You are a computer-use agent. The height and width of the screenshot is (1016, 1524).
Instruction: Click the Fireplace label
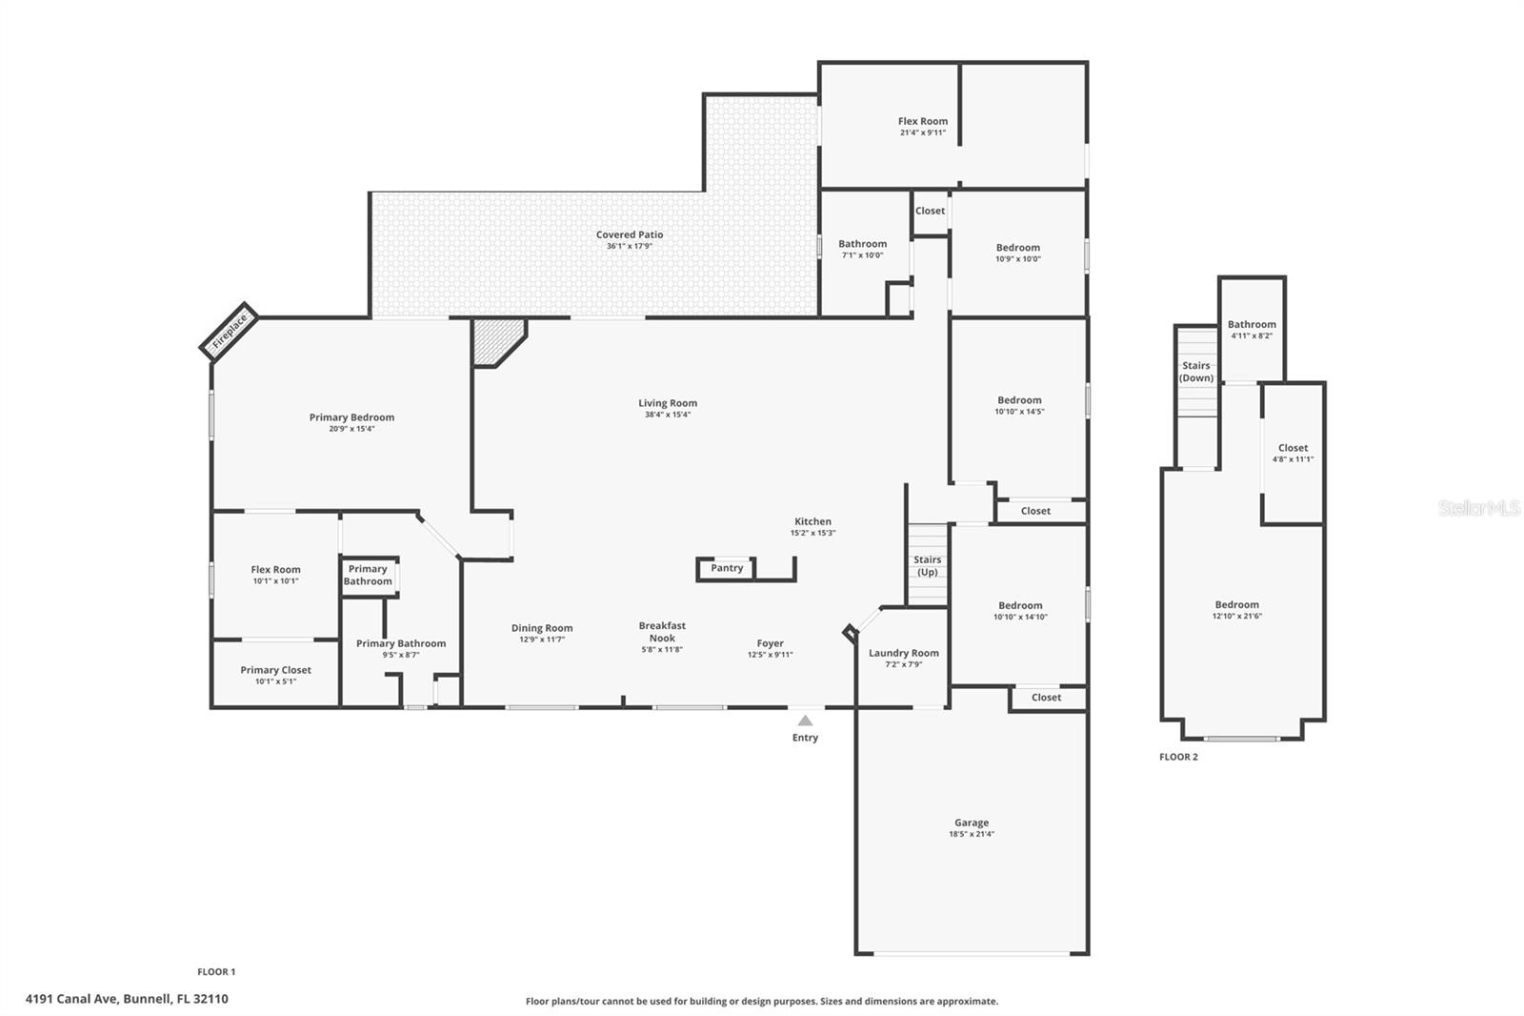tap(230, 332)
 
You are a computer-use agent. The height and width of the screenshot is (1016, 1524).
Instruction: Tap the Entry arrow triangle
tap(805, 721)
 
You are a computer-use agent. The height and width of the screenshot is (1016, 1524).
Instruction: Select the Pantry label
tap(727, 568)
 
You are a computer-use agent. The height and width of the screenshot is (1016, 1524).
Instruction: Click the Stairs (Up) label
tap(928, 566)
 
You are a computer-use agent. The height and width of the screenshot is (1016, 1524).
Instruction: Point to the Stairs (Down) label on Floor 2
tap(1196, 372)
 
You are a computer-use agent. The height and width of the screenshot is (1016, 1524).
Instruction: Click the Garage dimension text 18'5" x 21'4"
tap(972, 834)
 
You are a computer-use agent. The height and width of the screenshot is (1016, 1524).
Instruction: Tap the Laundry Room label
tap(904, 653)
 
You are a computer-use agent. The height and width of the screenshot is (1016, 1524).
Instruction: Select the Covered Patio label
tap(630, 234)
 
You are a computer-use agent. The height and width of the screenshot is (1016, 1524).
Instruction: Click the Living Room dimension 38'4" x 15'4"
tap(668, 415)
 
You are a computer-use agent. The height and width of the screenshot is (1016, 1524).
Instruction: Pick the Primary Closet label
tap(275, 670)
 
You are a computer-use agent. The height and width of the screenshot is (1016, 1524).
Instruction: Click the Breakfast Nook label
tap(662, 632)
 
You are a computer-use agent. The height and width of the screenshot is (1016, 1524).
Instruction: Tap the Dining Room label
tap(542, 628)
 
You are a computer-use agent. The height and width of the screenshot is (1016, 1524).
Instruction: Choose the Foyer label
tap(771, 643)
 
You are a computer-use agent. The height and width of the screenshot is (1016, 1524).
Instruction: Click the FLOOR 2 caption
tap(1178, 757)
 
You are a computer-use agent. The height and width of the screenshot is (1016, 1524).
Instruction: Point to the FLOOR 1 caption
tap(216, 972)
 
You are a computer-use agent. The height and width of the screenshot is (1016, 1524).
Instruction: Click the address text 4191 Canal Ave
tap(71, 999)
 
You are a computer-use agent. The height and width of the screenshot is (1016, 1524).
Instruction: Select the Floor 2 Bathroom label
tap(1252, 325)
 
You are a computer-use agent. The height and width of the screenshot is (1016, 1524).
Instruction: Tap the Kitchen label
tap(813, 521)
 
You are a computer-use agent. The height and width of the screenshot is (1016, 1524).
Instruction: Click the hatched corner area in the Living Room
tap(496, 340)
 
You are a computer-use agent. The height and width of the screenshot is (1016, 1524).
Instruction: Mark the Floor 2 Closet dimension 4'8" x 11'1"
tap(1293, 459)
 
